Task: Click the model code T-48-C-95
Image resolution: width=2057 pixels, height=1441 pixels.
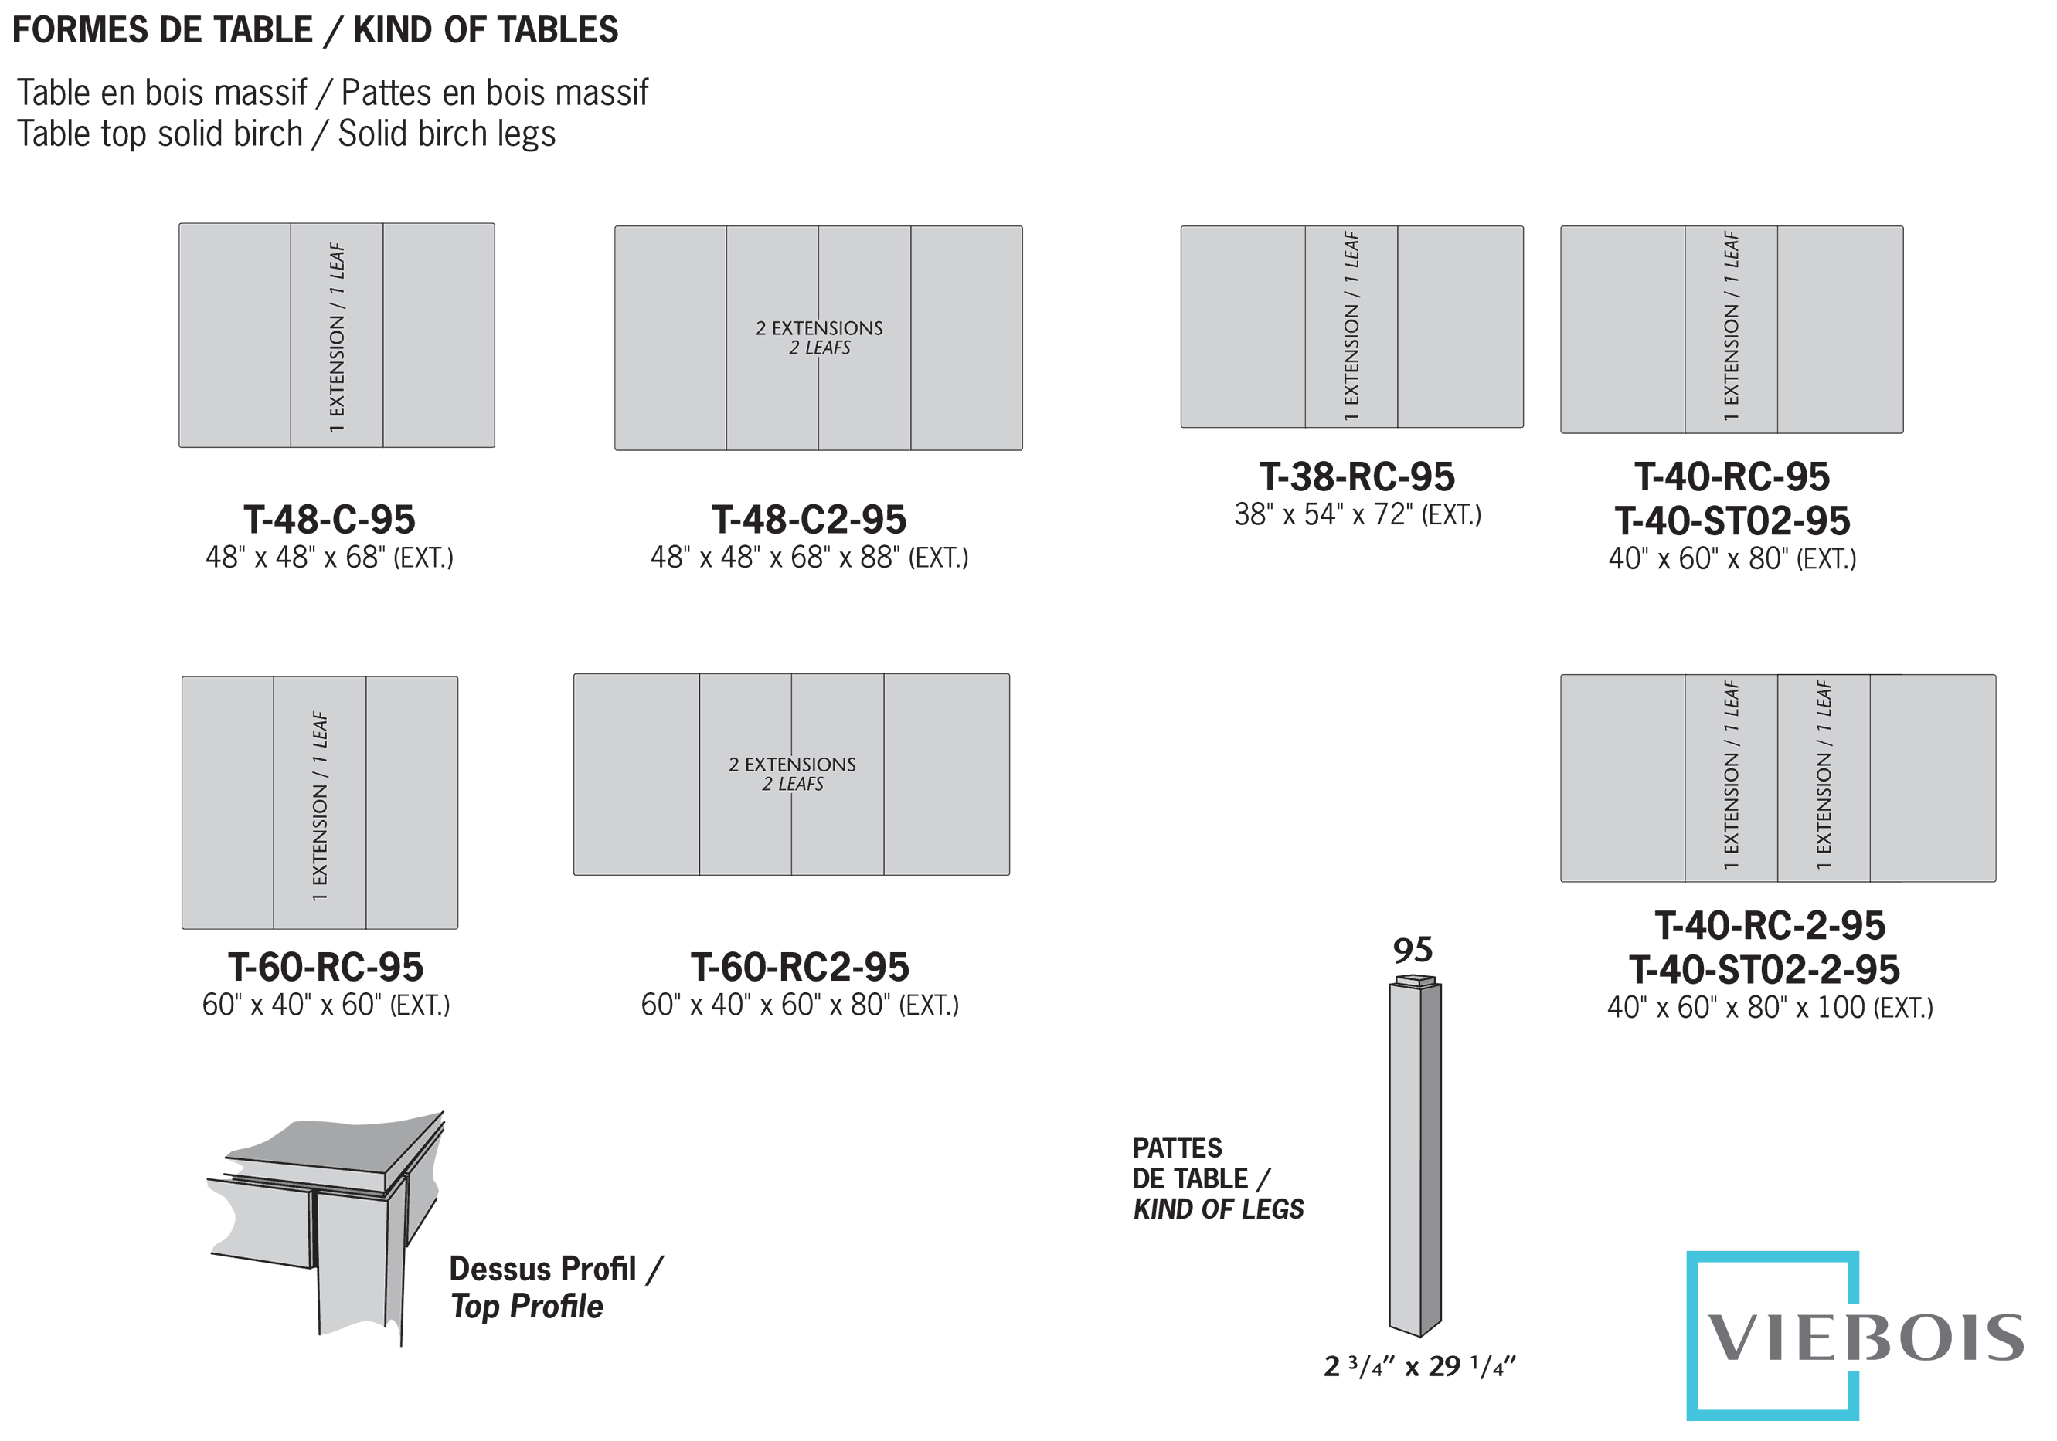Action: coord(329,520)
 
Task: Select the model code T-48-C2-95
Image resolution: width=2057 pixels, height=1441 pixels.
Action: coord(808,520)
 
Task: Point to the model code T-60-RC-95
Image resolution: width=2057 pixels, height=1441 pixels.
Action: coord(325,968)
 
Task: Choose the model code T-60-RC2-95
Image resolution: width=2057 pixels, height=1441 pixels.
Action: coord(799,968)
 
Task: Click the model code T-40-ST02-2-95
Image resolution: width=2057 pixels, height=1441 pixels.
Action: coord(1763,970)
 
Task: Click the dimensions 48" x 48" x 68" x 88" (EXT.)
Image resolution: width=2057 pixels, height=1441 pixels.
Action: coord(808,558)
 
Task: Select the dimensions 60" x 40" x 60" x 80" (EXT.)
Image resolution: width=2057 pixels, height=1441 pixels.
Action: coord(799,1005)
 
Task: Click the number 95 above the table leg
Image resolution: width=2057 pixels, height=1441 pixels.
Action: coord(1412,950)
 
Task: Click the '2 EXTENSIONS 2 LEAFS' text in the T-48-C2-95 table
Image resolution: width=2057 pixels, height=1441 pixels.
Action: coord(819,337)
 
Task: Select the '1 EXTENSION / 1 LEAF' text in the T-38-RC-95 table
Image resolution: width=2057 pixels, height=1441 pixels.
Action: coord(1351,327)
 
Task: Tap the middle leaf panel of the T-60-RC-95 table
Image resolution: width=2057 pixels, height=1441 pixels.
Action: coord(320,803)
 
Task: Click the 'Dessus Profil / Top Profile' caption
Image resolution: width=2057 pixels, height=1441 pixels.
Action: coord(556,1288)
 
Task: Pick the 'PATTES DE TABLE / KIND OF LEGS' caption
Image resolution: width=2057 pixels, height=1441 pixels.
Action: coord(1216,1178)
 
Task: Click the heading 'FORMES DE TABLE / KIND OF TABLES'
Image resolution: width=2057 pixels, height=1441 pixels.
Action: coord(314,30)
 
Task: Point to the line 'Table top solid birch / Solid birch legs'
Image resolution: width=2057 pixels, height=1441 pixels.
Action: coord(286,134)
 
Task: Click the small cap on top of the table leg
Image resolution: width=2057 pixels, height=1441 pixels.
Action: coord(1416,981)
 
